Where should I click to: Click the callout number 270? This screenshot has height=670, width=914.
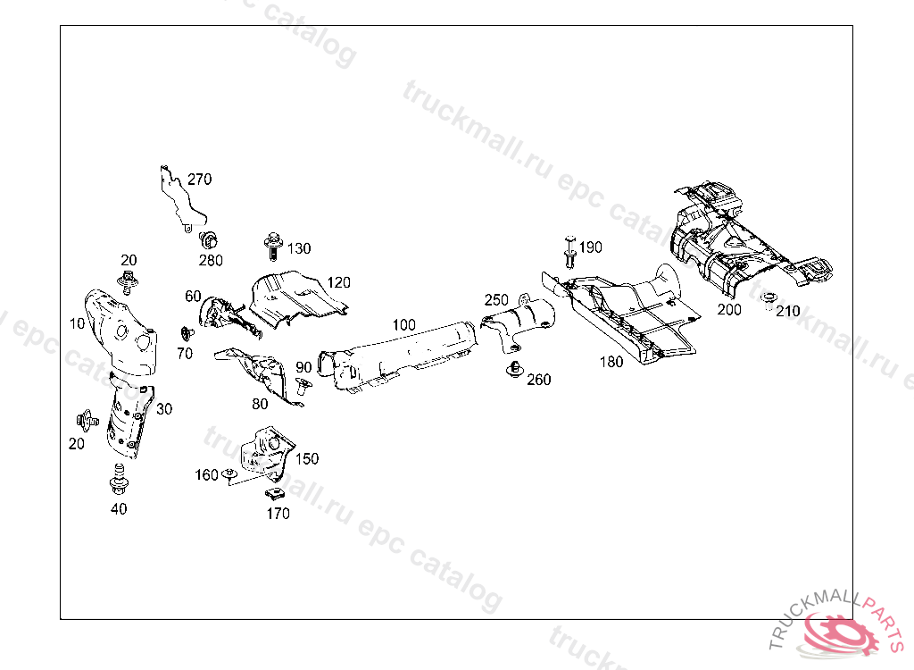click(199, 179)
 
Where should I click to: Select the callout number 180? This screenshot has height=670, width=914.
click(611, 362)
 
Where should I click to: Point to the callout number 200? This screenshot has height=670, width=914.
click(729, 310)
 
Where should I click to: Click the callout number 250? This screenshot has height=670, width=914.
click(496, 300)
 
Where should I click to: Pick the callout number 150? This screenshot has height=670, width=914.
click(307, 459)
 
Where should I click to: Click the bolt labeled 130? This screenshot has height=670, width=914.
click(272, 243)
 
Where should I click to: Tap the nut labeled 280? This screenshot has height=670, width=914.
click(210, 239)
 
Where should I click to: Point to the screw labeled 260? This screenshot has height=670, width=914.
click(514, 369)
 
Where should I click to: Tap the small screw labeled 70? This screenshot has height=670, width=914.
click(187, 333)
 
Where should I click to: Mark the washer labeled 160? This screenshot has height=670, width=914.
click(229, 473)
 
